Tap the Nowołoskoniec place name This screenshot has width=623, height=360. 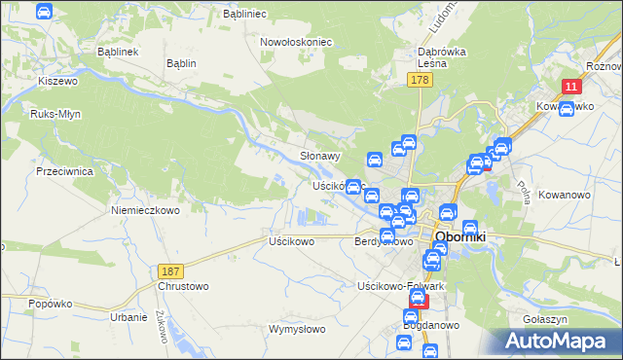pyautogui.click(x=297, y=43)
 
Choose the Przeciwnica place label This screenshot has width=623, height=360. pyautogui.click(x=63, y=170)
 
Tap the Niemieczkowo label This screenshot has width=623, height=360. pyautogui.click(x=146, y=210)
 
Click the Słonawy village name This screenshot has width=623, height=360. pyautogui.click(x=320, y=156)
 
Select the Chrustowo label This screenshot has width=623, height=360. pyautogui.click(x=183, y=286)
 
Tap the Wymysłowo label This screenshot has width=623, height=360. pyautogui.click(x=297, y=329)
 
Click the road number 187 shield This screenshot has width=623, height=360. pyautogui.click(x=169, y=270)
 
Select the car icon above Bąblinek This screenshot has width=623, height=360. pyautogui.click(x=44, y=12)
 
